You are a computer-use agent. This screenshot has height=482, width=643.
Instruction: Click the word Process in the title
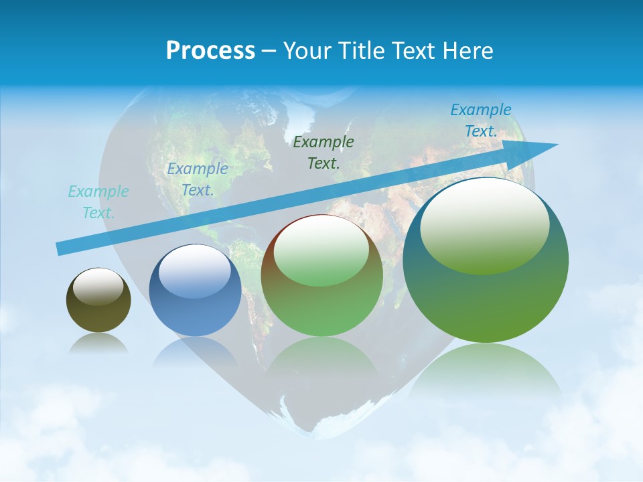click(210, 50)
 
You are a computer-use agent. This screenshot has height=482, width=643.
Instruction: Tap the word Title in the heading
click(360, 50)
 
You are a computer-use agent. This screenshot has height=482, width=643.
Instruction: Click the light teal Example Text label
click(98, 202)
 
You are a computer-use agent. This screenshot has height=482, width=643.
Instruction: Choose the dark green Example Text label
click(324, 152)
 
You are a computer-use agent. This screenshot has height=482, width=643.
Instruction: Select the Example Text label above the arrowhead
click(480, 120)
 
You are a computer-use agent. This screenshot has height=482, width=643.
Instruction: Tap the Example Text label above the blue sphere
click(198, 179)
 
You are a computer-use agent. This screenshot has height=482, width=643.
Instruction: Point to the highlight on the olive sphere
click(98, 287)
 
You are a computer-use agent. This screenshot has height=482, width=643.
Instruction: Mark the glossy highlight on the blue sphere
click(194, 270)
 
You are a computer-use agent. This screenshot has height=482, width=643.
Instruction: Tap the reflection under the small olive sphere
click(98, 344)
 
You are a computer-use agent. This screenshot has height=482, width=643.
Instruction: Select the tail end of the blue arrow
click(60, 249)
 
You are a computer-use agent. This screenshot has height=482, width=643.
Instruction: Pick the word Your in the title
click(305, 50)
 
